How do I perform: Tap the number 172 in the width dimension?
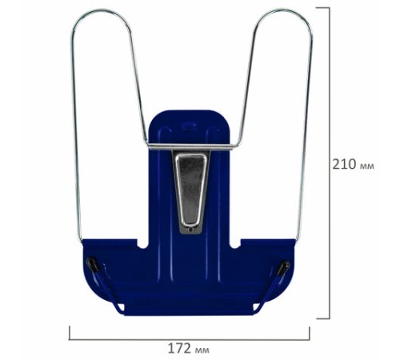[178, 348]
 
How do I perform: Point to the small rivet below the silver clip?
[190, 229]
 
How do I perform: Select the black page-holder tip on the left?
[94, 265]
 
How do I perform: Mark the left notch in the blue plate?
[141, 240]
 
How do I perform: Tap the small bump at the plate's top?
[189, 125]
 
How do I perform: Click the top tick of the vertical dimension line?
[329, 7]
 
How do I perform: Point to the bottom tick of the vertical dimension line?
[329, 318]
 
